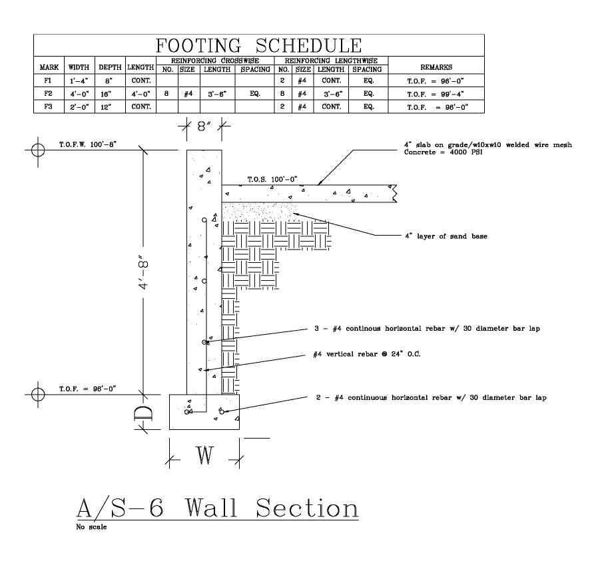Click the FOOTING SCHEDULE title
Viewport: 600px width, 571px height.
click(258, 45)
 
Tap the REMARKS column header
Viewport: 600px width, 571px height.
click(436, 67)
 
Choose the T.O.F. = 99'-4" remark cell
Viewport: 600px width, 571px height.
click(436, 95)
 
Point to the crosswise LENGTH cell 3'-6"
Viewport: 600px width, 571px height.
click(217, 95)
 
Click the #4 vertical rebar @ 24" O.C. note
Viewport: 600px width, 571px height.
click(366, 355)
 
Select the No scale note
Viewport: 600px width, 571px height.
click(92, 526)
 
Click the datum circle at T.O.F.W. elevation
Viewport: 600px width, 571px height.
click(39, 150)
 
